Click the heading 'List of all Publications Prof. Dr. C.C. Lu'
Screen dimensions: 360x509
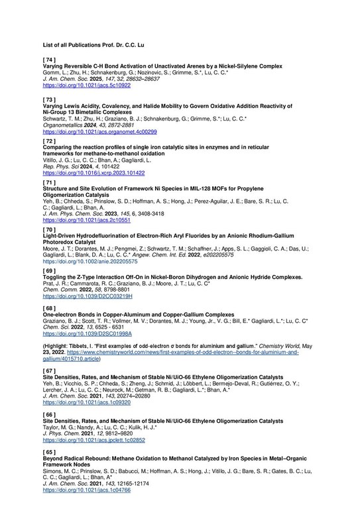tap(93, 45)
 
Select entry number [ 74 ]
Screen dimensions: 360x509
tap(50, 60)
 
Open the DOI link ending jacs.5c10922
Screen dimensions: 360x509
tap(83, 86)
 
